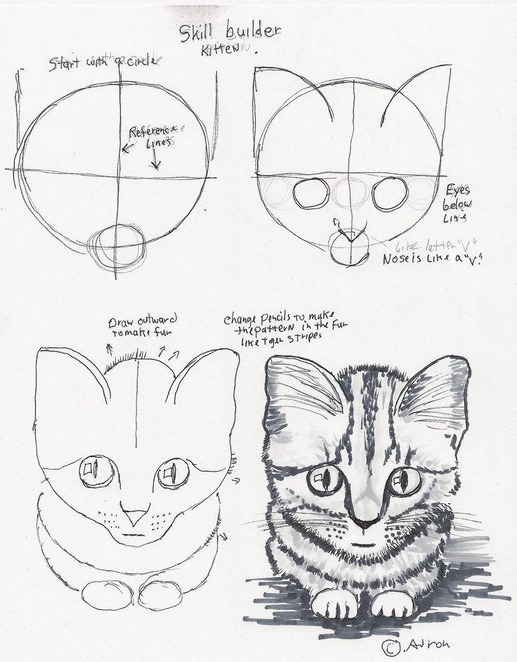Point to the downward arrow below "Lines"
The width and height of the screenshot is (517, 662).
155,161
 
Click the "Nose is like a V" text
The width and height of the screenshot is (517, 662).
427,259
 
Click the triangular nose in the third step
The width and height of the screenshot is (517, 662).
134,514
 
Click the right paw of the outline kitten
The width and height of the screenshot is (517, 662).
161,595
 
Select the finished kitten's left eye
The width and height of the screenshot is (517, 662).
325,479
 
